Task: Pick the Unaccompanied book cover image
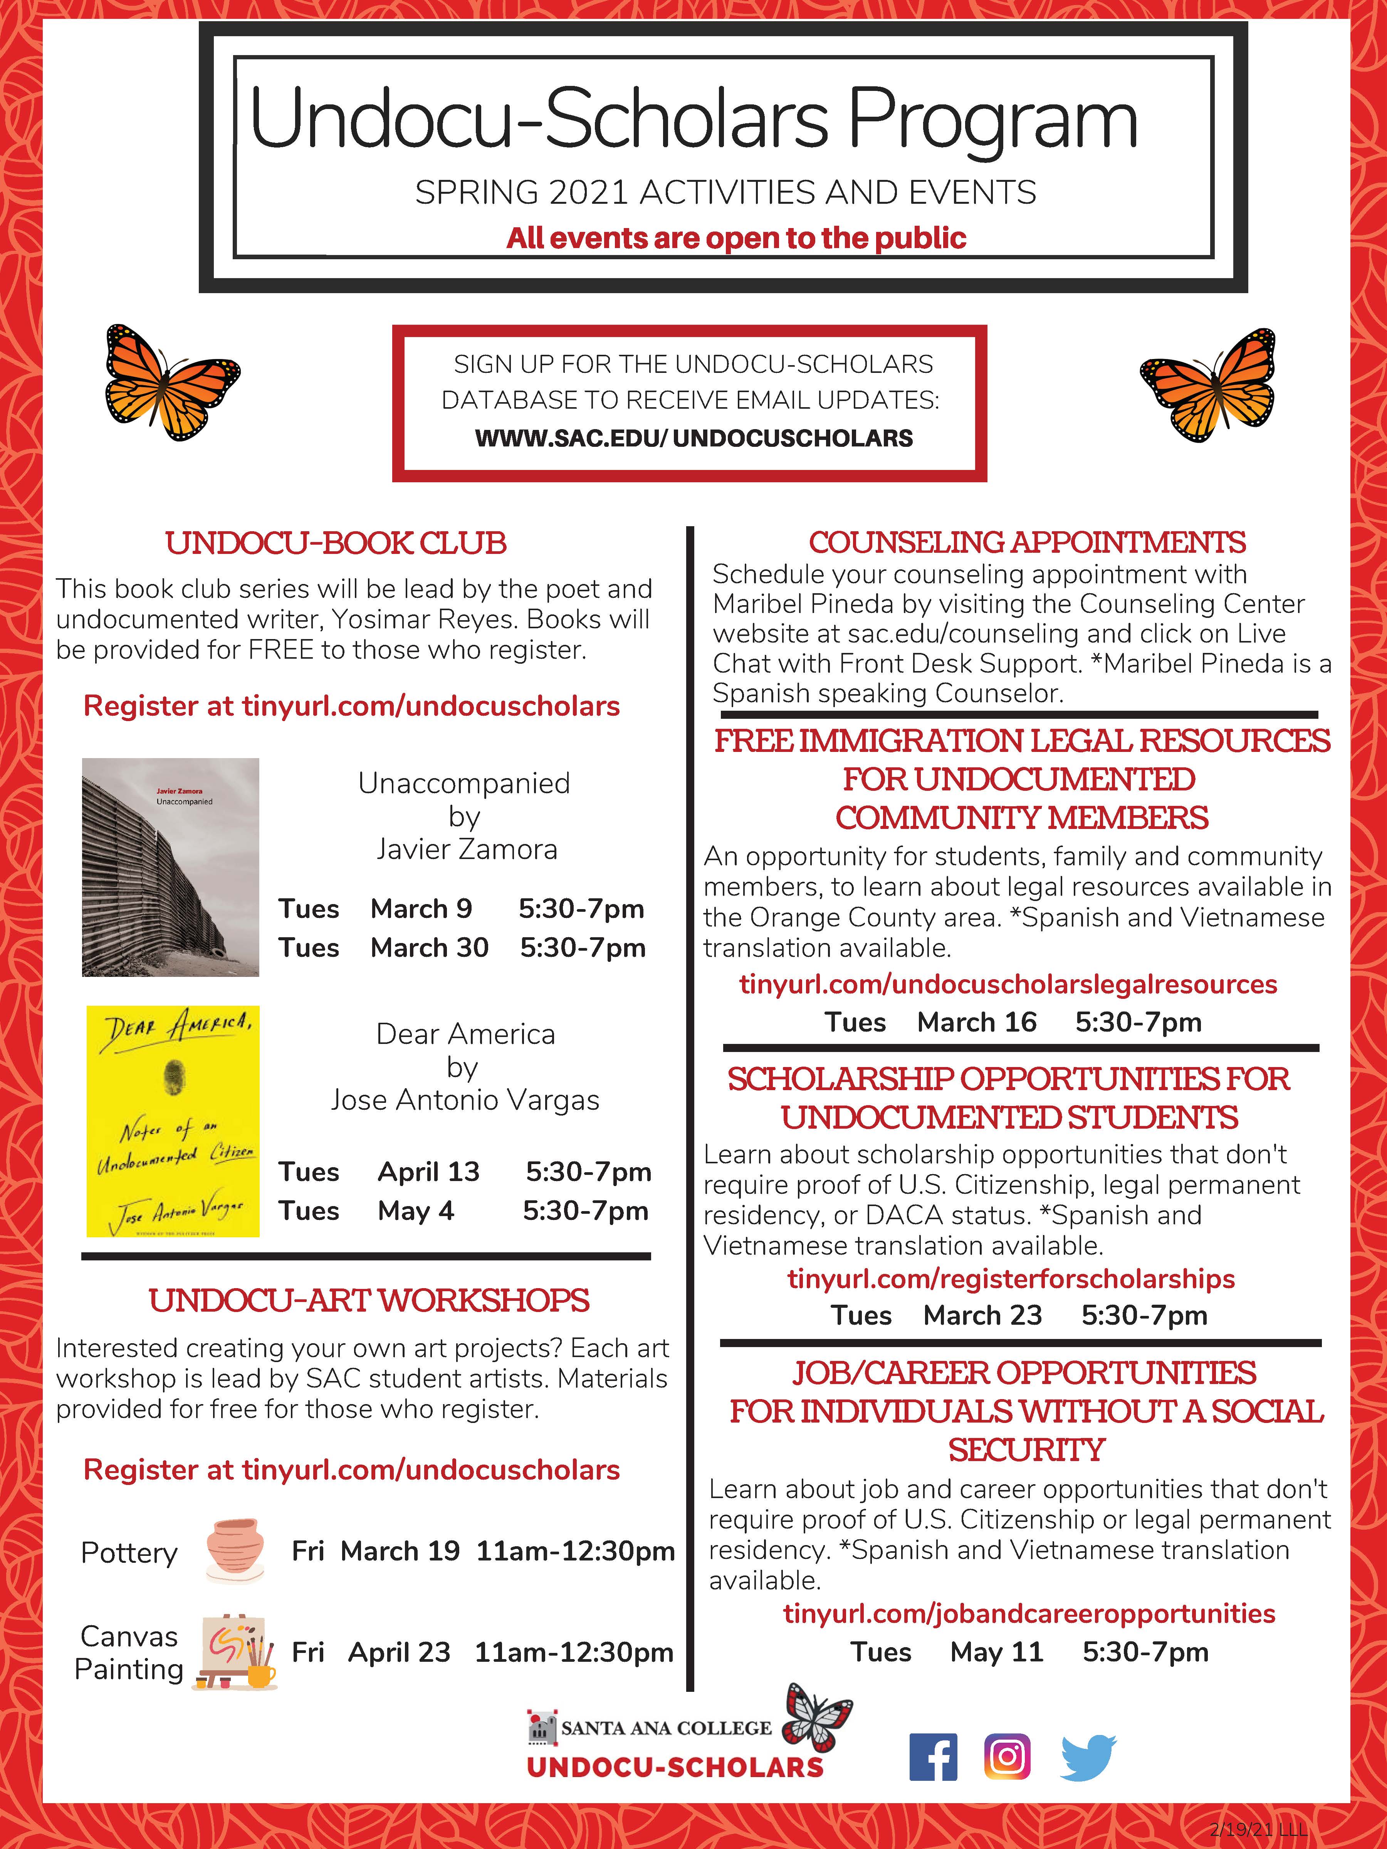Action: click(171, 867)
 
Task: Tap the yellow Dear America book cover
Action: click(173, 1121)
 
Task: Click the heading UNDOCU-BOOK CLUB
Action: click(336, 543)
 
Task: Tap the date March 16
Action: click(977, 1022)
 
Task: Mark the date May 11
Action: click(997, 1652)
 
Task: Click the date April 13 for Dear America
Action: click(428, 1171)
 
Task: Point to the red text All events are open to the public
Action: click(736, 238)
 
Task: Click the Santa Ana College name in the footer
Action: click(665, 1728)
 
